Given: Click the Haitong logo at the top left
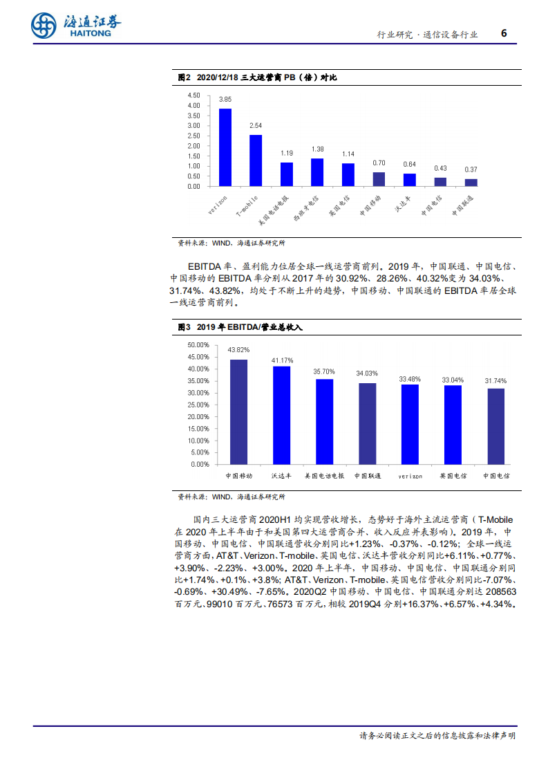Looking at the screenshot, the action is point(75,26).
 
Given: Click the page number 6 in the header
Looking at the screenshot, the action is point(504,33).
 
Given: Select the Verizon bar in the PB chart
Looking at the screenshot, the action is point(225,147).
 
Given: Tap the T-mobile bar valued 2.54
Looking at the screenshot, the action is point(256,160).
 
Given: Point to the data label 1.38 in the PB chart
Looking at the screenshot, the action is point(317,149).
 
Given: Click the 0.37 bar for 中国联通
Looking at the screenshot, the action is point(471,182).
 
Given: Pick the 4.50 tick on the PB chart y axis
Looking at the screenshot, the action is point(193,95).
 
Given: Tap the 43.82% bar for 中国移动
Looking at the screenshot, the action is point(239,412).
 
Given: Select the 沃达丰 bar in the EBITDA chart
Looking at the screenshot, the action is point(282,415).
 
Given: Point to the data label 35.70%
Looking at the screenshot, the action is point(324,371).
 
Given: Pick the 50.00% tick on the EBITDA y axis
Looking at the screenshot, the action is point(198,344).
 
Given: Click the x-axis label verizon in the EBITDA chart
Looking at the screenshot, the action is point(410,477).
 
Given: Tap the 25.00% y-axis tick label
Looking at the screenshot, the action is point(198,405).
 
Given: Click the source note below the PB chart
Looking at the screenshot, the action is point(232,243).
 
